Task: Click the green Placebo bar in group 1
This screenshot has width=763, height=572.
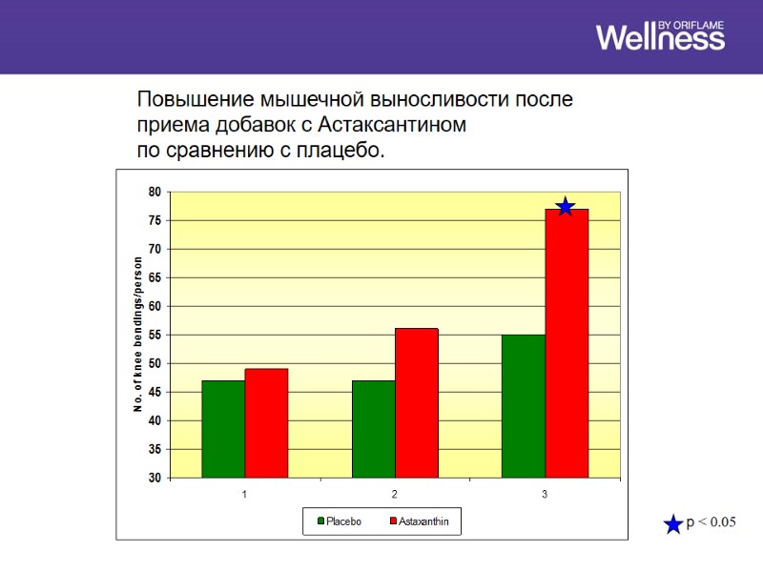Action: tap(223, 429)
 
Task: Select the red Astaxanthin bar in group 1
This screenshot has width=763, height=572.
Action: tap(266, 423)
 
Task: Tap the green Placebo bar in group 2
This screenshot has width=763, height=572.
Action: tap(373, 429)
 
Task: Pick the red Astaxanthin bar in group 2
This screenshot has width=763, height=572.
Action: tap(417, 403)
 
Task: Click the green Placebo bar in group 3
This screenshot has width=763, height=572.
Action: tap(524, 406)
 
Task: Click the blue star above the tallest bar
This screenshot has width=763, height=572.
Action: tap(565, 207)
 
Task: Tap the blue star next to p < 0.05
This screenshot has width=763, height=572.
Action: tap(673, 523)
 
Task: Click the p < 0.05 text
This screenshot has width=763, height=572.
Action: tap(711, 522)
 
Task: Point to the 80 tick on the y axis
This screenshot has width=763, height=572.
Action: tap(154, 192)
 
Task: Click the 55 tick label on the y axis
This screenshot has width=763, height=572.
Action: tap(154, 335)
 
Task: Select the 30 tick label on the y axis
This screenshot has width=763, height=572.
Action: tap(154, 478)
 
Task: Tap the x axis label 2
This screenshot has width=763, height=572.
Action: tap(395, 495)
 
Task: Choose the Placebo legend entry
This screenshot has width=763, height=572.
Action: tap(338, 521)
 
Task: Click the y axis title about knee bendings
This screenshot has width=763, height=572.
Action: tap(138, 334)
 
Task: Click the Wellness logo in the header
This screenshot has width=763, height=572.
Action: tap(660, 35)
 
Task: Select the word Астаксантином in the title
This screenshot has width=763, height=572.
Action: tap(391, 125)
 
